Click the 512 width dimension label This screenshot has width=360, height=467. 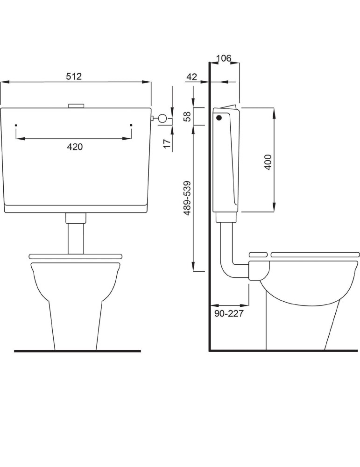pyautogui.click(x=74, y=77)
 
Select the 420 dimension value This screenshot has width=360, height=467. pyautogui.click(x=75, y=147)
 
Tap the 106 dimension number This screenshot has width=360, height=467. pyautogui.click(x=224, y=58)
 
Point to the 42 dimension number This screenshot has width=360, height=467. pyautogui.click(x=191, y=77)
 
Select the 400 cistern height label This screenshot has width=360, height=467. pyautogui.click(x=268, y=162)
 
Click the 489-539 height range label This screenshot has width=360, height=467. pyautogui.click(x=187, y=198)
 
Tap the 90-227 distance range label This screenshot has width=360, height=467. pyautogui.click(x=229, y=313)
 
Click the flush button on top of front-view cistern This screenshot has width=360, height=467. pyautogui.click(x=76, y=106)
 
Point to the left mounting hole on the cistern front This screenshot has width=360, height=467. pyautogui.click(x=16, y=126)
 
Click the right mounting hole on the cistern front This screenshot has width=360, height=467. pyautogui.click(x=131, y=126)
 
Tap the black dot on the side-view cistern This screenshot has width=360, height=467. pyautogui.click(x=218, y=118)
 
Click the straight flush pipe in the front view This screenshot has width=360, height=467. pyautogui.click(x=76, y=238)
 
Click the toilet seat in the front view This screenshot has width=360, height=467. pyautogui.click(x=76, y=256)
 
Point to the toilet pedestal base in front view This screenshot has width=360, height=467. pyautogui.click(x=76, y=327)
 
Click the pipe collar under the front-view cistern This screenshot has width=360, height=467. pyautogui.click(x=76, y=218)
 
